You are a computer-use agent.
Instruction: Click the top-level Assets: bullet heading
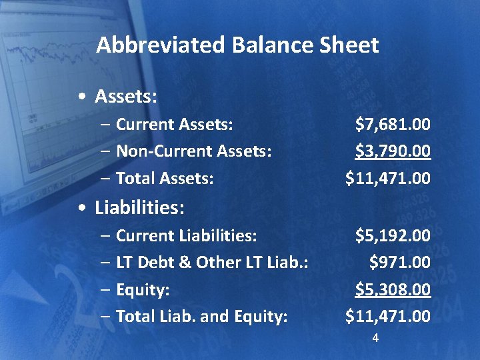point(126,97)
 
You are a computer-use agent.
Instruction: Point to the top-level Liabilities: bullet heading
point(139,208)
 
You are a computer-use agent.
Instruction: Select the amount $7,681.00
point(393,124)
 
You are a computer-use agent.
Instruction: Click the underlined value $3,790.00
point(393,151)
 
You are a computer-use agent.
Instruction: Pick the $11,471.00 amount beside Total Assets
point(388,178)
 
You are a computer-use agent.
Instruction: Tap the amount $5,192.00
point(393,235)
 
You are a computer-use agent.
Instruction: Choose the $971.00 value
point(400,263)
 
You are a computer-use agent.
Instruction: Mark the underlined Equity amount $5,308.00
point(393,289)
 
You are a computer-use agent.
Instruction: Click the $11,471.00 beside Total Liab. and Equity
point(388,316)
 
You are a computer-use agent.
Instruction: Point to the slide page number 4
point(375,339)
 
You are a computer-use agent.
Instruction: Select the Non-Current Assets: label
point(194,151)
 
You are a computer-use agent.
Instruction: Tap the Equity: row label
point(143,289)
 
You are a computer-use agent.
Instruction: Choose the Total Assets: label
point(165,178)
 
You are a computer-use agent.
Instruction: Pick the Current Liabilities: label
point(187,235)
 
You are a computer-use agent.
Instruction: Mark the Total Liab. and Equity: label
point(202,316)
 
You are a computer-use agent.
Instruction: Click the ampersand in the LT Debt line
point(186,263)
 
